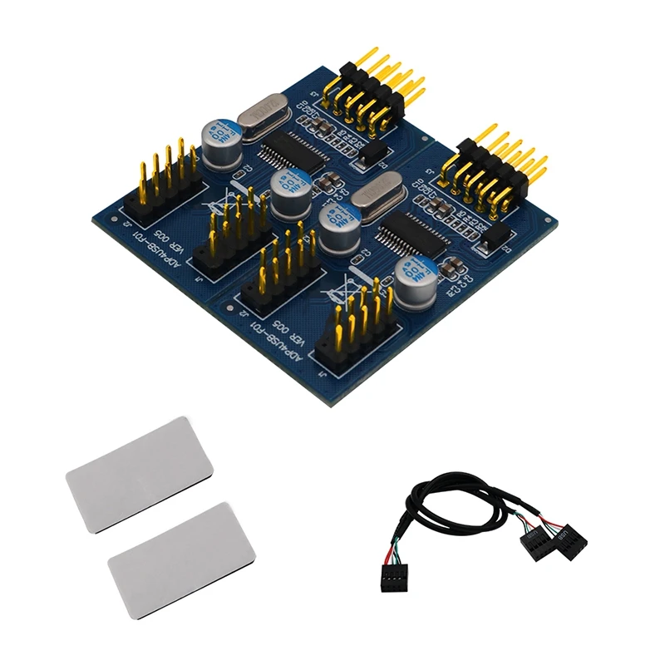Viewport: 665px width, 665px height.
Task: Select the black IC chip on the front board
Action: pyautogui.click(x=413, y=234)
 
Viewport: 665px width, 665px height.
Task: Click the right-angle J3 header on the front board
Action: pyautogui.click(x=492, y=170)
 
